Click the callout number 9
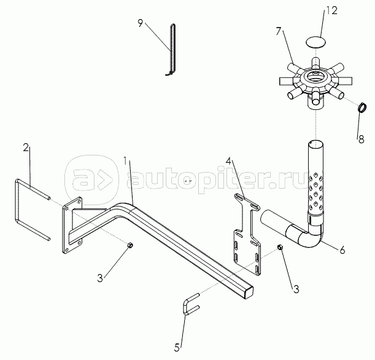[140, 24]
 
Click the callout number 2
[26, 147]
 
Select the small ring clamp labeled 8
[363, 109]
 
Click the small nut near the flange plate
[130, 246]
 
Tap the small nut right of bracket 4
[279, 248]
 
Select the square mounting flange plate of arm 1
[72, 225]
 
